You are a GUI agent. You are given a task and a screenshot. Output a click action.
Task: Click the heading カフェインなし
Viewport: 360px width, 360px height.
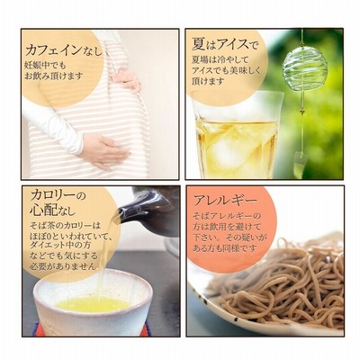click(64, 50)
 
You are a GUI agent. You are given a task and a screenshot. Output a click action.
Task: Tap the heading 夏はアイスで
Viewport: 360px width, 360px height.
click(225, 45)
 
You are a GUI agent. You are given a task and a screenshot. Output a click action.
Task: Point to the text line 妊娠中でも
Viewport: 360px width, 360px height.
click(45, 65)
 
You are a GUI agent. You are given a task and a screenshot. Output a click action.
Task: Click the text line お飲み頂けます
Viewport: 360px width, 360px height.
click(53, 76)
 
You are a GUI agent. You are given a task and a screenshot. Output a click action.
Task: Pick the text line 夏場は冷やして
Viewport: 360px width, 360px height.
click(220, 59)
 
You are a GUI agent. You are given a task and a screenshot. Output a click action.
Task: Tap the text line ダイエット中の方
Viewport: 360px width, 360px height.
click(60, 245)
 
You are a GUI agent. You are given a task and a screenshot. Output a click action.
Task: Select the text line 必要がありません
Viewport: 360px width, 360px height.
click(63, 265)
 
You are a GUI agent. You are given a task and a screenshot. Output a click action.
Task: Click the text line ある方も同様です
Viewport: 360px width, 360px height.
click(225, 248)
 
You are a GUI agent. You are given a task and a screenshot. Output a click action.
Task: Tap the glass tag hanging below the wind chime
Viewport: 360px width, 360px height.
click(301, 162)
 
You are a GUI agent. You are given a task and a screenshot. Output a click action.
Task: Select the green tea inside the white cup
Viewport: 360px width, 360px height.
click(93, 304)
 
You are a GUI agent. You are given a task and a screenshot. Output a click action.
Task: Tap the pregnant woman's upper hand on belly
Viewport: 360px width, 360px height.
click(126, 80)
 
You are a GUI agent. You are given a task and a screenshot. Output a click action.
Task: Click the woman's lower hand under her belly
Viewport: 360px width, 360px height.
click(103, 150)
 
